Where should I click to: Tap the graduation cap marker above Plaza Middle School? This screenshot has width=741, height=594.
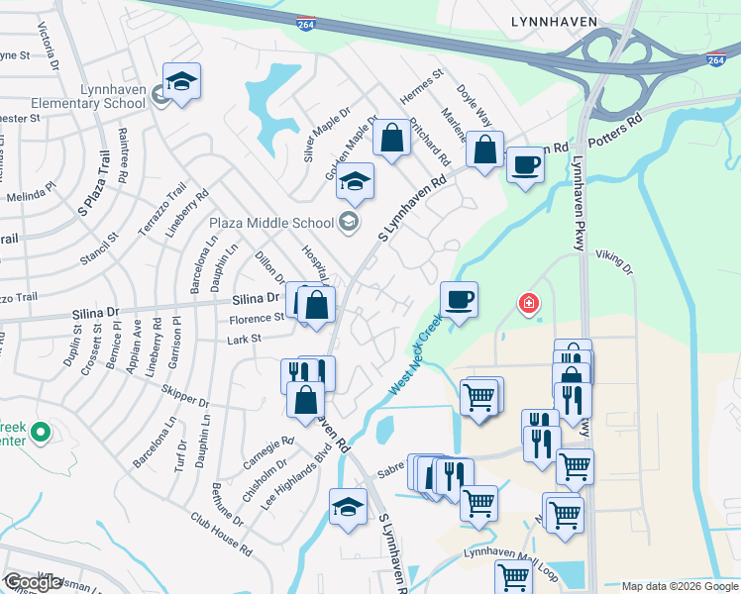pyautogui.click(x=355, y=180)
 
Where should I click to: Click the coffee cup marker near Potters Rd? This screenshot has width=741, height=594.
pyautogui.click(x=525, y=163)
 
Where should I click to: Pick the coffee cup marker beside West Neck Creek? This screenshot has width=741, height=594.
pyautogui.click(x=459, y=299)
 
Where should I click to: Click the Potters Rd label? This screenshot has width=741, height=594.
pyautogui.click(x=616, y=132)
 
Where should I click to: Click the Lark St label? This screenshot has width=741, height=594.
pyautogui.click(x=245, y=339)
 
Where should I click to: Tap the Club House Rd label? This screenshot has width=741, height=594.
pyautogui.click(x=214, y=530)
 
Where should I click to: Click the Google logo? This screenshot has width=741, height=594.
pyautogui.click(x=32, y=582)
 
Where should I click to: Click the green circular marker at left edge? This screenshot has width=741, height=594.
pyautogui.click(x=40, y=432)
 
